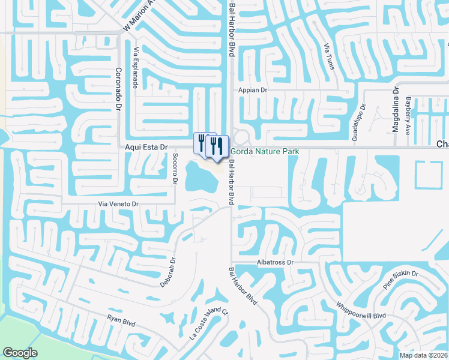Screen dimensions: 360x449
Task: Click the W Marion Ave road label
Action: coord(139,16)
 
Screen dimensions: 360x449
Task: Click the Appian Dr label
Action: coord(252,89)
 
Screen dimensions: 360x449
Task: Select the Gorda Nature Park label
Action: coord(265,152)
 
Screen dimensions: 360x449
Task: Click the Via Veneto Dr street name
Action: coord(118,205)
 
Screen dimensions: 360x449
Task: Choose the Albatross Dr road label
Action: coord(274,262)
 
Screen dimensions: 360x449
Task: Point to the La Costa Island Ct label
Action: coord(209,324)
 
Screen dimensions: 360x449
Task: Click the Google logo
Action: coord(20,353)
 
